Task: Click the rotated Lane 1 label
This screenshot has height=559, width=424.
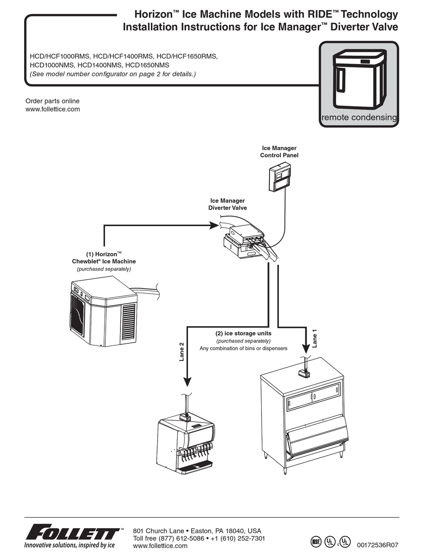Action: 315,338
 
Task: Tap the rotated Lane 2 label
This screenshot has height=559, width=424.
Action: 182,352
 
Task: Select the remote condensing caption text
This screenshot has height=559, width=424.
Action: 359,118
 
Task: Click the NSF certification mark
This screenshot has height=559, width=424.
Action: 316,542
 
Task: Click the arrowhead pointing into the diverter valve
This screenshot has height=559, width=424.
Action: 214,225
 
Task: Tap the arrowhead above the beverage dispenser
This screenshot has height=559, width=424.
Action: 187,381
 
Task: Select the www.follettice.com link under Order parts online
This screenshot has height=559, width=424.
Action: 53,109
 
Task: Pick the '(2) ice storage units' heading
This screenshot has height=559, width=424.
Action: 243,333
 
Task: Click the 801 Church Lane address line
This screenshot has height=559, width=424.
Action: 197,531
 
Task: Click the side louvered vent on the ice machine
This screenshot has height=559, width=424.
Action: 129,321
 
